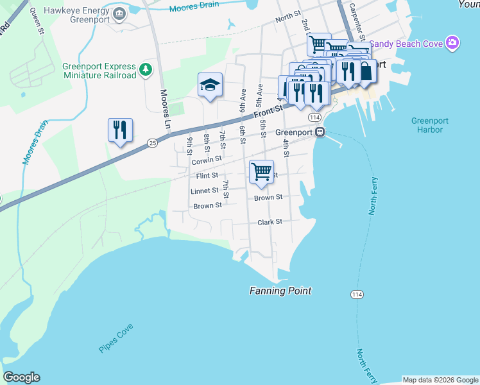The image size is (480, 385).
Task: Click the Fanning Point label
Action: pos(280,291)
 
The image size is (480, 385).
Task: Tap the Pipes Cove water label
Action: pos(116,338)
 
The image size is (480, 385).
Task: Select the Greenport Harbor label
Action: pos(427,125)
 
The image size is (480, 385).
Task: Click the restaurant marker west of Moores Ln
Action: pos(120,131)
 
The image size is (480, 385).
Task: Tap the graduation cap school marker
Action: pos(210,85)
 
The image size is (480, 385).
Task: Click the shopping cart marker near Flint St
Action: pos(261,172)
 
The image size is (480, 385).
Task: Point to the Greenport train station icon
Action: pos(320,132)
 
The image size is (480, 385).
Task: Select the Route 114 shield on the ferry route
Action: pos(357,294)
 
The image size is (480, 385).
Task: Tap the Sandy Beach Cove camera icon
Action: pos(453,44)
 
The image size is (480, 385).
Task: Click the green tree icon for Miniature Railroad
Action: pos(146,69)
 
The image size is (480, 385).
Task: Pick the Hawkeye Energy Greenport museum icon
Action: pos(119,14)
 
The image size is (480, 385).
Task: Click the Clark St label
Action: pos(270,222)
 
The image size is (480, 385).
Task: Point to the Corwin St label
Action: pos(207,159)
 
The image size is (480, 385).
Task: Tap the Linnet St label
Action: pos(205,191)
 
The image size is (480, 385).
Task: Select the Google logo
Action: pos(21,377)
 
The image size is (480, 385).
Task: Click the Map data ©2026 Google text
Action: pos(440,380)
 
